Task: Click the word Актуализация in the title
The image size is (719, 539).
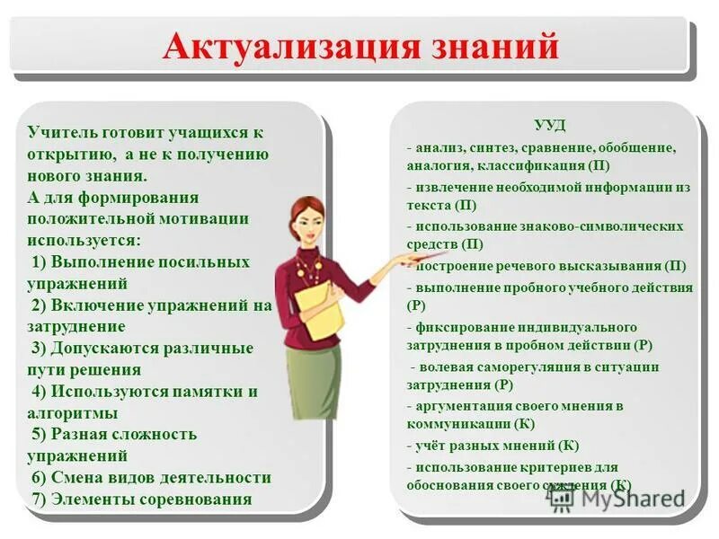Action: click(272, 47)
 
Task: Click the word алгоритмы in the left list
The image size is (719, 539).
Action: click(73, 413)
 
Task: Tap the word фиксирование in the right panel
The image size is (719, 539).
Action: click(460, 326)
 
